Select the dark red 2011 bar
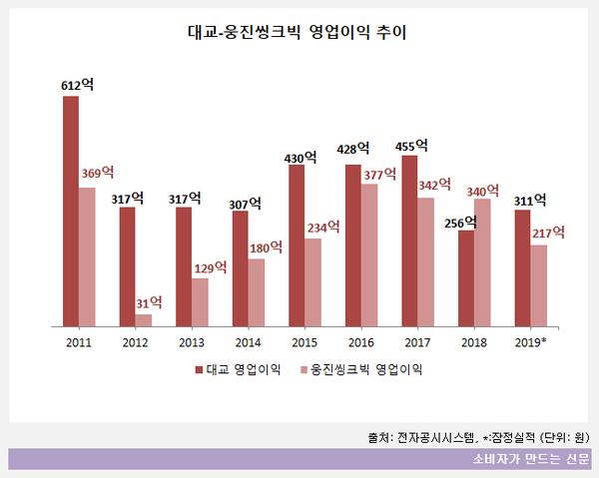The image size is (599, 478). [x=71, y=211]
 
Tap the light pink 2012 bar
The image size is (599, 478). [x=144, y=319]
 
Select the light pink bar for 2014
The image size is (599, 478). [x=257, y=291]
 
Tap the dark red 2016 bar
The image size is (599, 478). [x=353, y=244]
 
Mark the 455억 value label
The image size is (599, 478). [x=411, y=146]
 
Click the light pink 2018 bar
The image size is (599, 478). [x=482, y=261]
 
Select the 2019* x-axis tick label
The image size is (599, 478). [x=530, y=342]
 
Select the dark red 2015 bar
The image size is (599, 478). [x=297, y=245]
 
